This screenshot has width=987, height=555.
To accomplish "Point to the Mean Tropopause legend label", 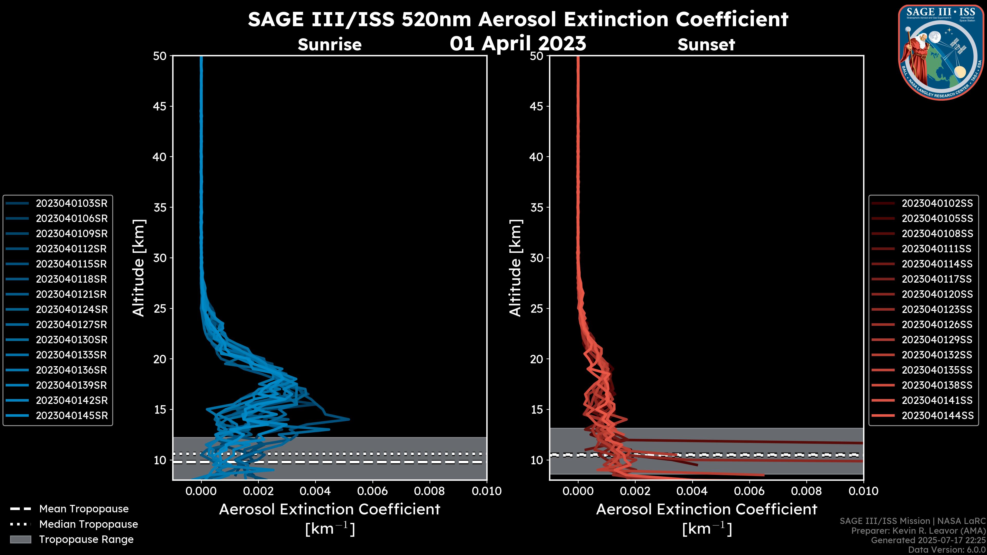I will coord(84,509).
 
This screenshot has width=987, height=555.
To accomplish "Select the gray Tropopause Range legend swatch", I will coord(20,539).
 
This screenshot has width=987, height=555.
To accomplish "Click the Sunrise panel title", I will coord(330,45).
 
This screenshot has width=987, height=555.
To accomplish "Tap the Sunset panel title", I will coord(706,45).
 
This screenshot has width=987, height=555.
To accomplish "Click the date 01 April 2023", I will coord(518,43).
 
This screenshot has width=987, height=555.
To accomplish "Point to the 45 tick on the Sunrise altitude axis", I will coord(160,106).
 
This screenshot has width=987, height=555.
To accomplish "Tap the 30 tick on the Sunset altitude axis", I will coord(537,258).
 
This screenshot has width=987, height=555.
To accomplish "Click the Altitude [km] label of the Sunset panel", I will coord(515,268).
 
